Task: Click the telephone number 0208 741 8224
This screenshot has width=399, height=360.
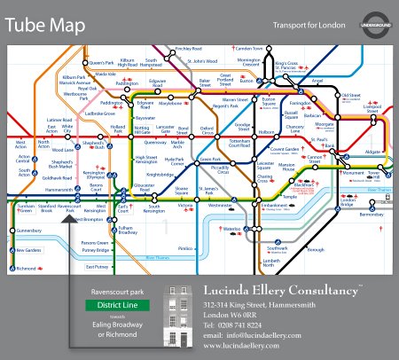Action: coord(232,325)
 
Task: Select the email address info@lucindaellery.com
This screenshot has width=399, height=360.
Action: coord(251,336)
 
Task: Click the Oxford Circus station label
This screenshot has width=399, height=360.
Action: coord(207,129)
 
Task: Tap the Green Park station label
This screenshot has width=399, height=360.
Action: coord(210,160)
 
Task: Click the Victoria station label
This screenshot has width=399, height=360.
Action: coord(185,206)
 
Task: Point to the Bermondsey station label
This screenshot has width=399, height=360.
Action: coord(372,215)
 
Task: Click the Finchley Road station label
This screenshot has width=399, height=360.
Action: coord(188,48)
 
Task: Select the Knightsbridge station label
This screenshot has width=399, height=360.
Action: coord(160,175)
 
